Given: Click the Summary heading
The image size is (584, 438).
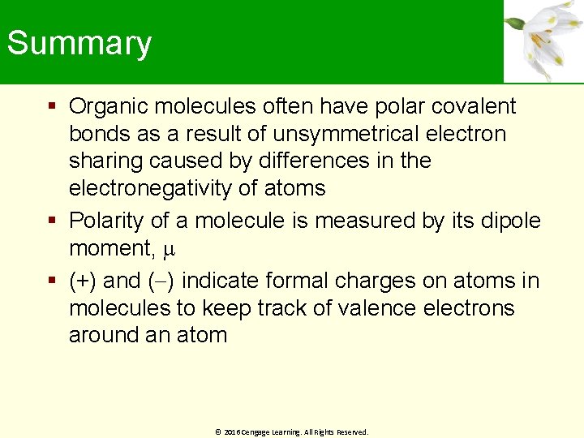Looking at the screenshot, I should tap(79, 43).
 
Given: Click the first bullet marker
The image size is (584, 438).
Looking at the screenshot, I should tap(52, 106).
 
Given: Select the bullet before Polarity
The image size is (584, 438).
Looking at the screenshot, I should tap(52, 220).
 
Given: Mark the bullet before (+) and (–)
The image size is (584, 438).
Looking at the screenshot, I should tap(52, 281).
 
